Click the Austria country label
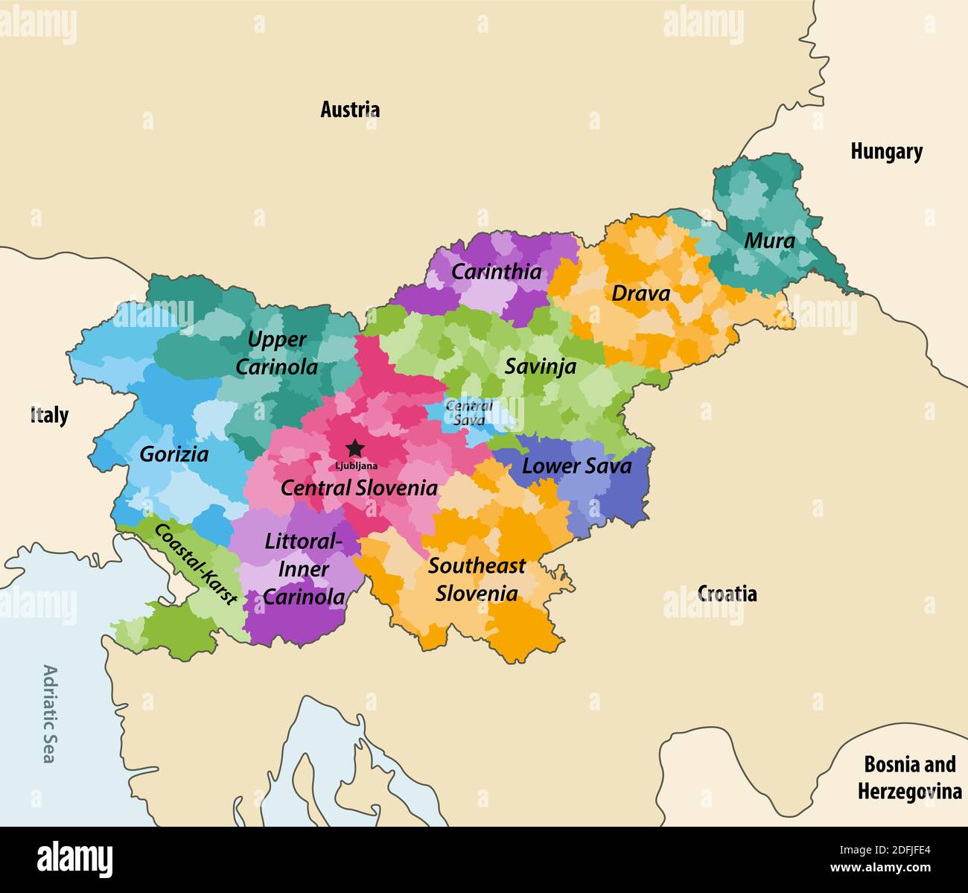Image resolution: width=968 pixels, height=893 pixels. tap(350, 109)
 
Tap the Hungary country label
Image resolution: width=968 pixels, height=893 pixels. tap(886, 152)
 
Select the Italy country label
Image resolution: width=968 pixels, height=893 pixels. tap(49, 415)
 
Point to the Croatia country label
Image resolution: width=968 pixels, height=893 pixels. tap(727, 594)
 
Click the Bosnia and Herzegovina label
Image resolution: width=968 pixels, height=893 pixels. tap(909, 778)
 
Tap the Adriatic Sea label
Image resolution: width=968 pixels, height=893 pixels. tap(49, 714)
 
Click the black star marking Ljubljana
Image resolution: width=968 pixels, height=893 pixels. tap(355, 448)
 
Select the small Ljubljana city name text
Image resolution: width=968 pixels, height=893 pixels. tap(356, 466)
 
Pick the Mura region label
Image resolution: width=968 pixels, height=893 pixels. tap(769, 241)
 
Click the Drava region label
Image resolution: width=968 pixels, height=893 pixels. tap(640, 293)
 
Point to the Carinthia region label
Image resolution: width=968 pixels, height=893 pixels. tap(496, 272)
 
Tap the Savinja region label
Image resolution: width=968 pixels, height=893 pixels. tap(540, 366)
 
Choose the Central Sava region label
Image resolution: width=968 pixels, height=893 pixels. tap(469, 413)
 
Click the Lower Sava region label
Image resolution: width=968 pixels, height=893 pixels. tap(576, 466)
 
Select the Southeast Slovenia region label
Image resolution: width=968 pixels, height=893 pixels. tap(477, 579)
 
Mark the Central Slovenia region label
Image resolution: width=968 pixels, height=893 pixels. tap(359, 488)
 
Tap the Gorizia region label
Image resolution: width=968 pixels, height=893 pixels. tap(173, 454)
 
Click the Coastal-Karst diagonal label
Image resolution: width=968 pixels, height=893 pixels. tap(195, 562)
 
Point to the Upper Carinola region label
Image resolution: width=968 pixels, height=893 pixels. tap(276, 353)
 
